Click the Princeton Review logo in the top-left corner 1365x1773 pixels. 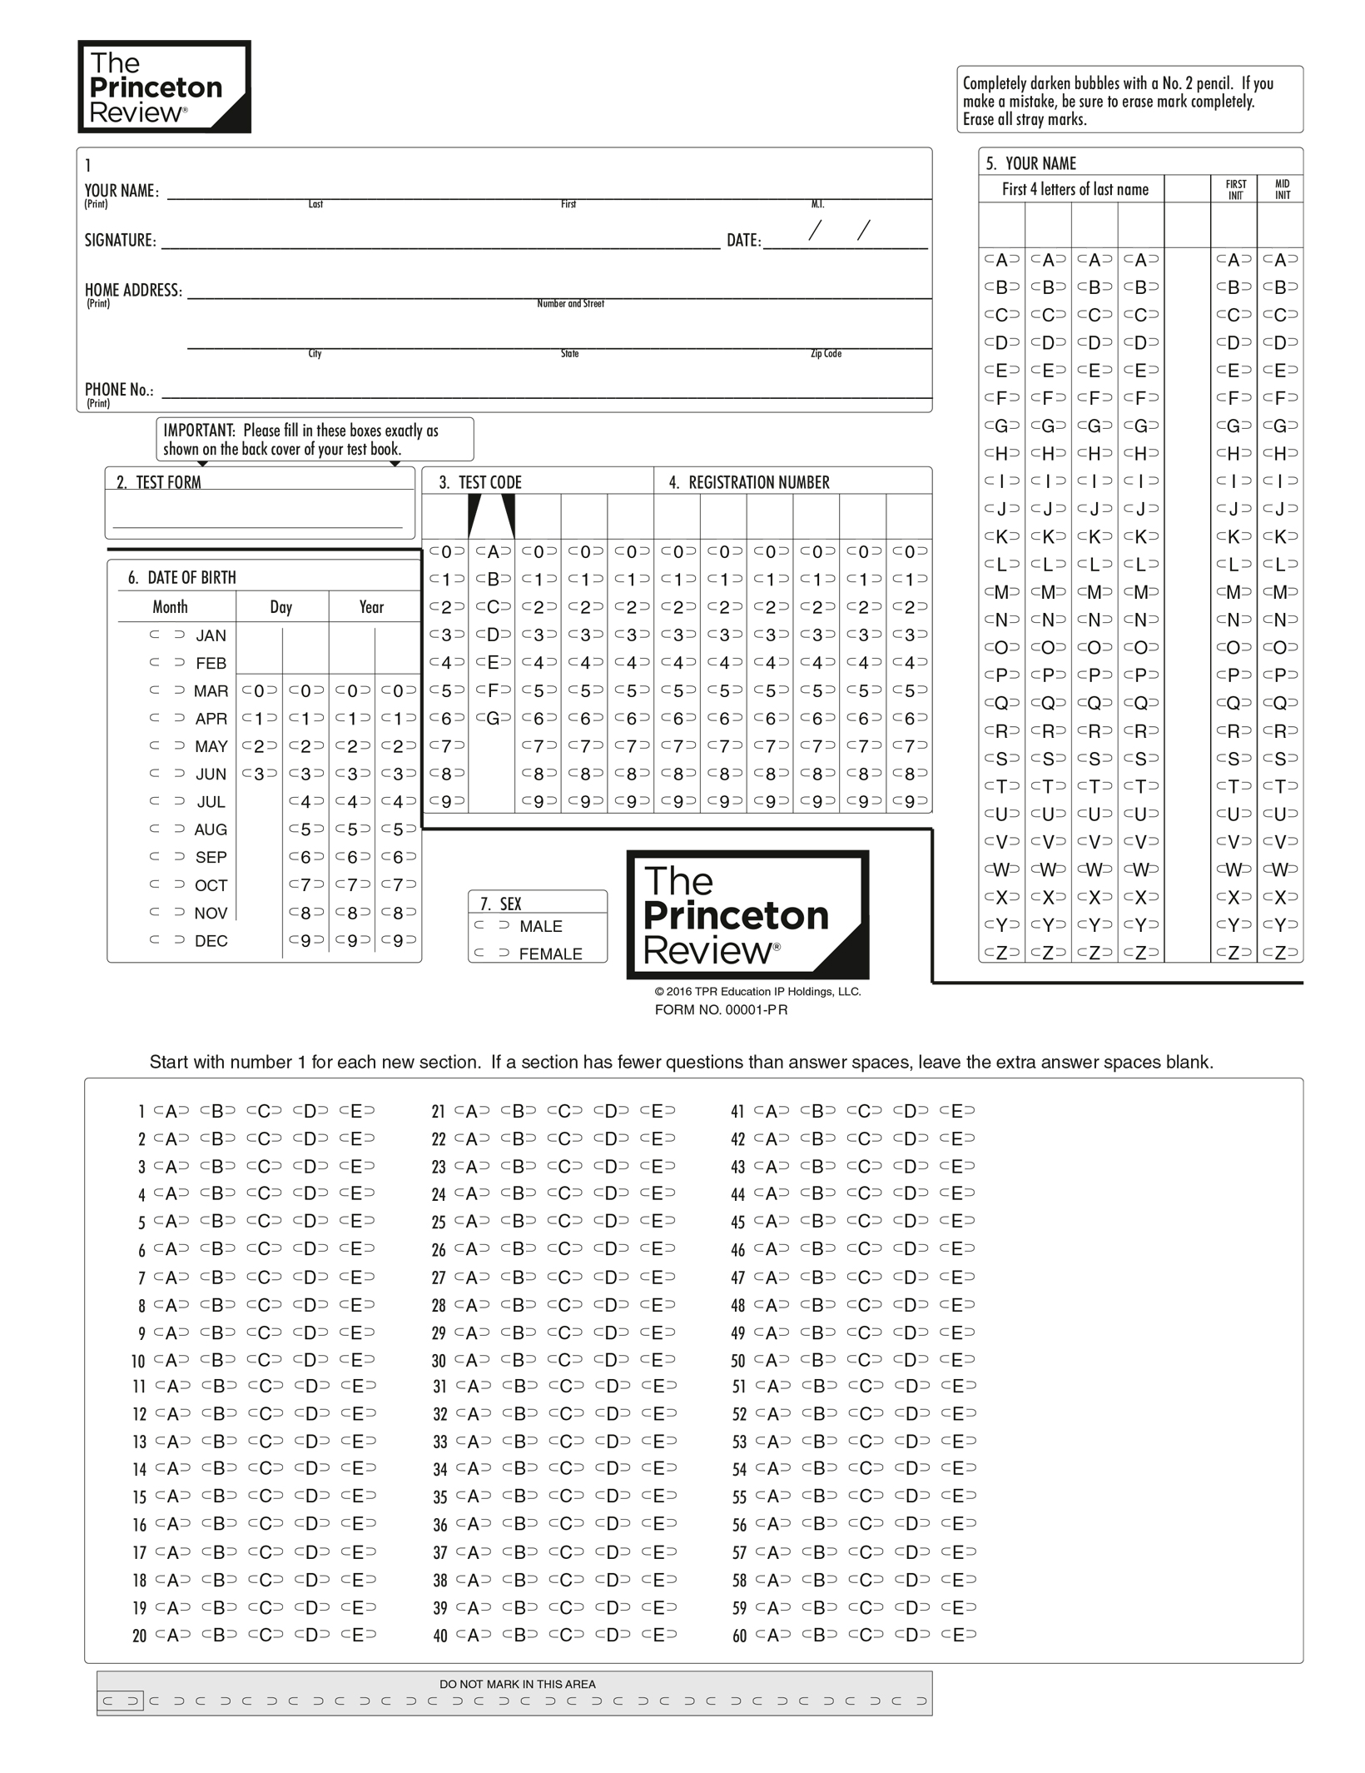point(164,87)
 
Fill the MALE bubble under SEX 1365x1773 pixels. point(492,925)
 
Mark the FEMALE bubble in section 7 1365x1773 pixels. point(492,953)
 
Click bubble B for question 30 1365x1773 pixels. point(519,1359)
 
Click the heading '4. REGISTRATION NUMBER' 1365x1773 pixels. point(749,482)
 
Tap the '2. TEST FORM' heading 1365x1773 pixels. point(158,482)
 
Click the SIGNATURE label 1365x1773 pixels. point(120,241)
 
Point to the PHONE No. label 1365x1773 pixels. point(119,390)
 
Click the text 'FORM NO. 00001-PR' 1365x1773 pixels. point(721,1009)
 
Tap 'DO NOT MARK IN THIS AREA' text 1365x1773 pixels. point(518,1683)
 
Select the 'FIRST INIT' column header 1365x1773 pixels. point(1235,189)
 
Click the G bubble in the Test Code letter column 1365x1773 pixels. point(493,718)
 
